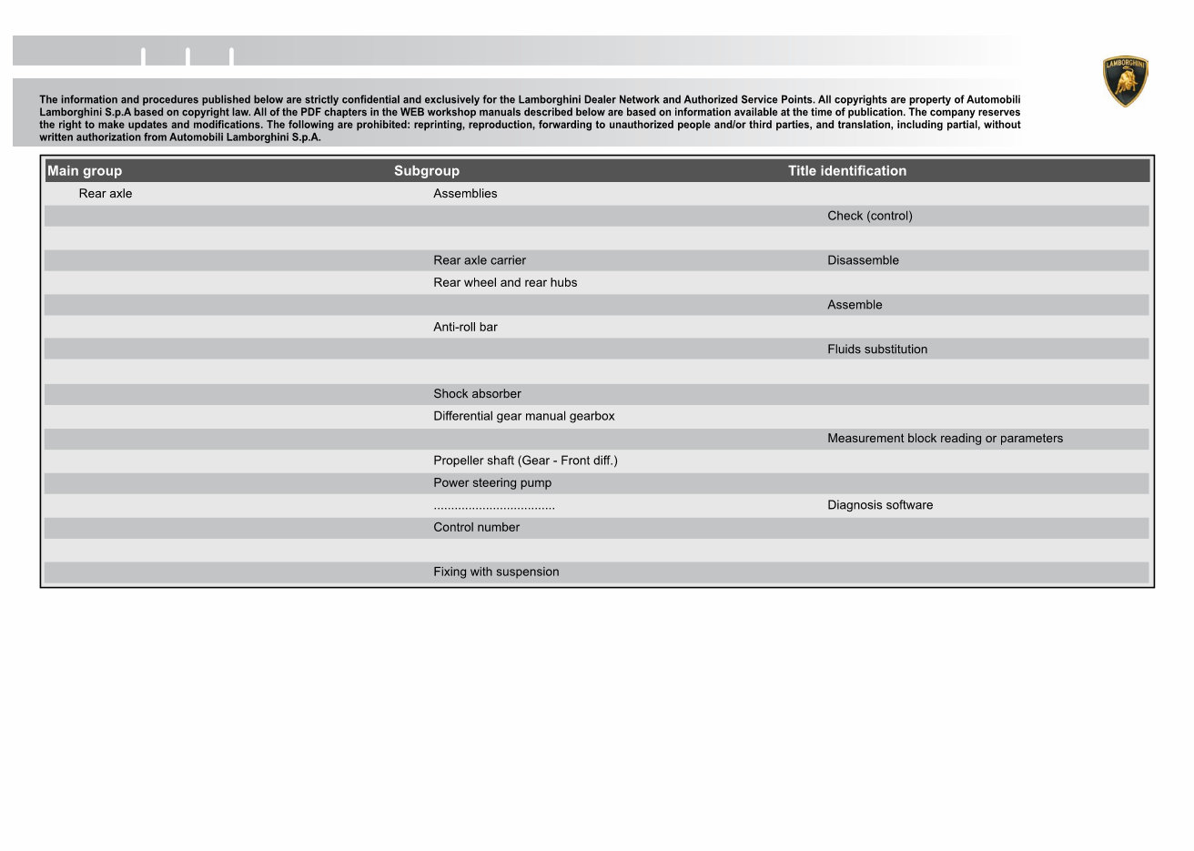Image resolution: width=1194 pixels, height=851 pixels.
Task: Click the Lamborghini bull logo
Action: pyautogui.click(x=1125, y=81)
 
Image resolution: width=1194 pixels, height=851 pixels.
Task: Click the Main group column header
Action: pyautogui.click(x=85, y=171)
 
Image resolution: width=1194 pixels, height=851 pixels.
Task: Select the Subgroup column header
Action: pyautogui.click(x=426, y=171)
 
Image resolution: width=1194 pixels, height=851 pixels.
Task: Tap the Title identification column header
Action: pyautogui.click(x=846, y=171)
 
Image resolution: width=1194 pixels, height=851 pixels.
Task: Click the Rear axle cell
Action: pyautogui.click(x=106, y=194)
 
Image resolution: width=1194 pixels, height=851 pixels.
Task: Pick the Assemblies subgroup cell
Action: pyautogui.click(x=465, y=194)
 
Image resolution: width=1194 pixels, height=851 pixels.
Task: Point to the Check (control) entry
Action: pyautogui.click(x=869, y=216)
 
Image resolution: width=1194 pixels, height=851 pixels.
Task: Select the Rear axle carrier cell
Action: pyautogui.click(x=479, y=260)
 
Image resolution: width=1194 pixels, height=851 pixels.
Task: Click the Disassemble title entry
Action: pyautogui.click(x=863, y=260)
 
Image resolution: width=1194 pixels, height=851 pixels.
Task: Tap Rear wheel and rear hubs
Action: pyautogui.click(x=504, y=282)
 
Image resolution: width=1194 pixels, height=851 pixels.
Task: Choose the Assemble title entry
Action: pyautogui.click(x=855, y=305)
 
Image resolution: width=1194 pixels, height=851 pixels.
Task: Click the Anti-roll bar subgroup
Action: pyautogui.click(x=465, y=327)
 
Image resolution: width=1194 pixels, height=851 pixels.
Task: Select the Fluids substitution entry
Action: pyautogui.click(x=877, y=350)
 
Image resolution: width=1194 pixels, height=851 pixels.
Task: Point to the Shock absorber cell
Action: pyautogui.click(x=477, y=394)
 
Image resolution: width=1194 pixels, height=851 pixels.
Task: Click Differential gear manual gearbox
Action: pyautogui.click(x=523, y=416)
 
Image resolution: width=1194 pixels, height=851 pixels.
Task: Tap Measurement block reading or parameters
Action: pyautogui.click(x=945, y=439)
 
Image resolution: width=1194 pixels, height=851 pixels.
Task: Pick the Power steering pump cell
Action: pyautogui.click(x=491, y=483)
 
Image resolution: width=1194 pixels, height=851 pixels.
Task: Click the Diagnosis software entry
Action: pyautogui.click(x=880, y=505)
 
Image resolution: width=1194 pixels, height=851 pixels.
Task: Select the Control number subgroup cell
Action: pyautogui.click(x=476, y=528)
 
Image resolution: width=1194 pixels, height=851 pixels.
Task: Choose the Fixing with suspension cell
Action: pyautogui.click(x=496, y=572)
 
